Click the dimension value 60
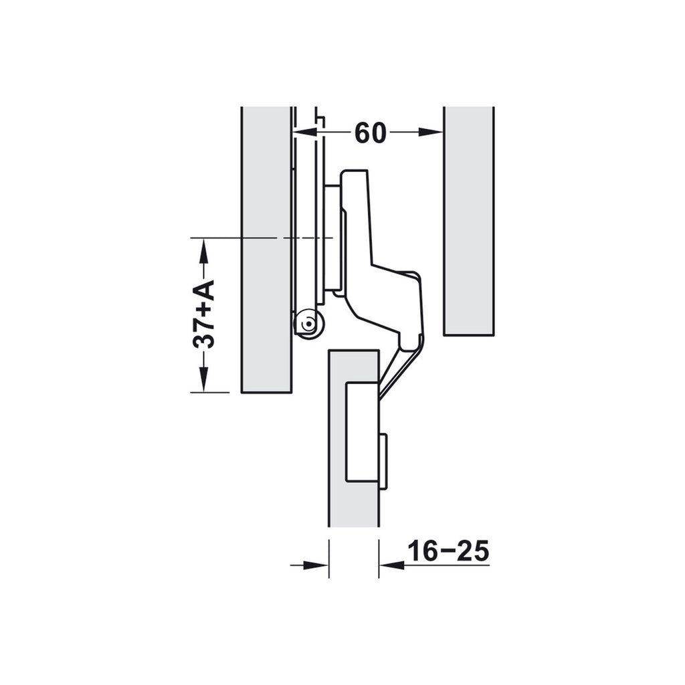370,133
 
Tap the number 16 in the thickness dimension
422,551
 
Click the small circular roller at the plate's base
308,325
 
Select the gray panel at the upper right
468,221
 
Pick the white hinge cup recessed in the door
361,431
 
